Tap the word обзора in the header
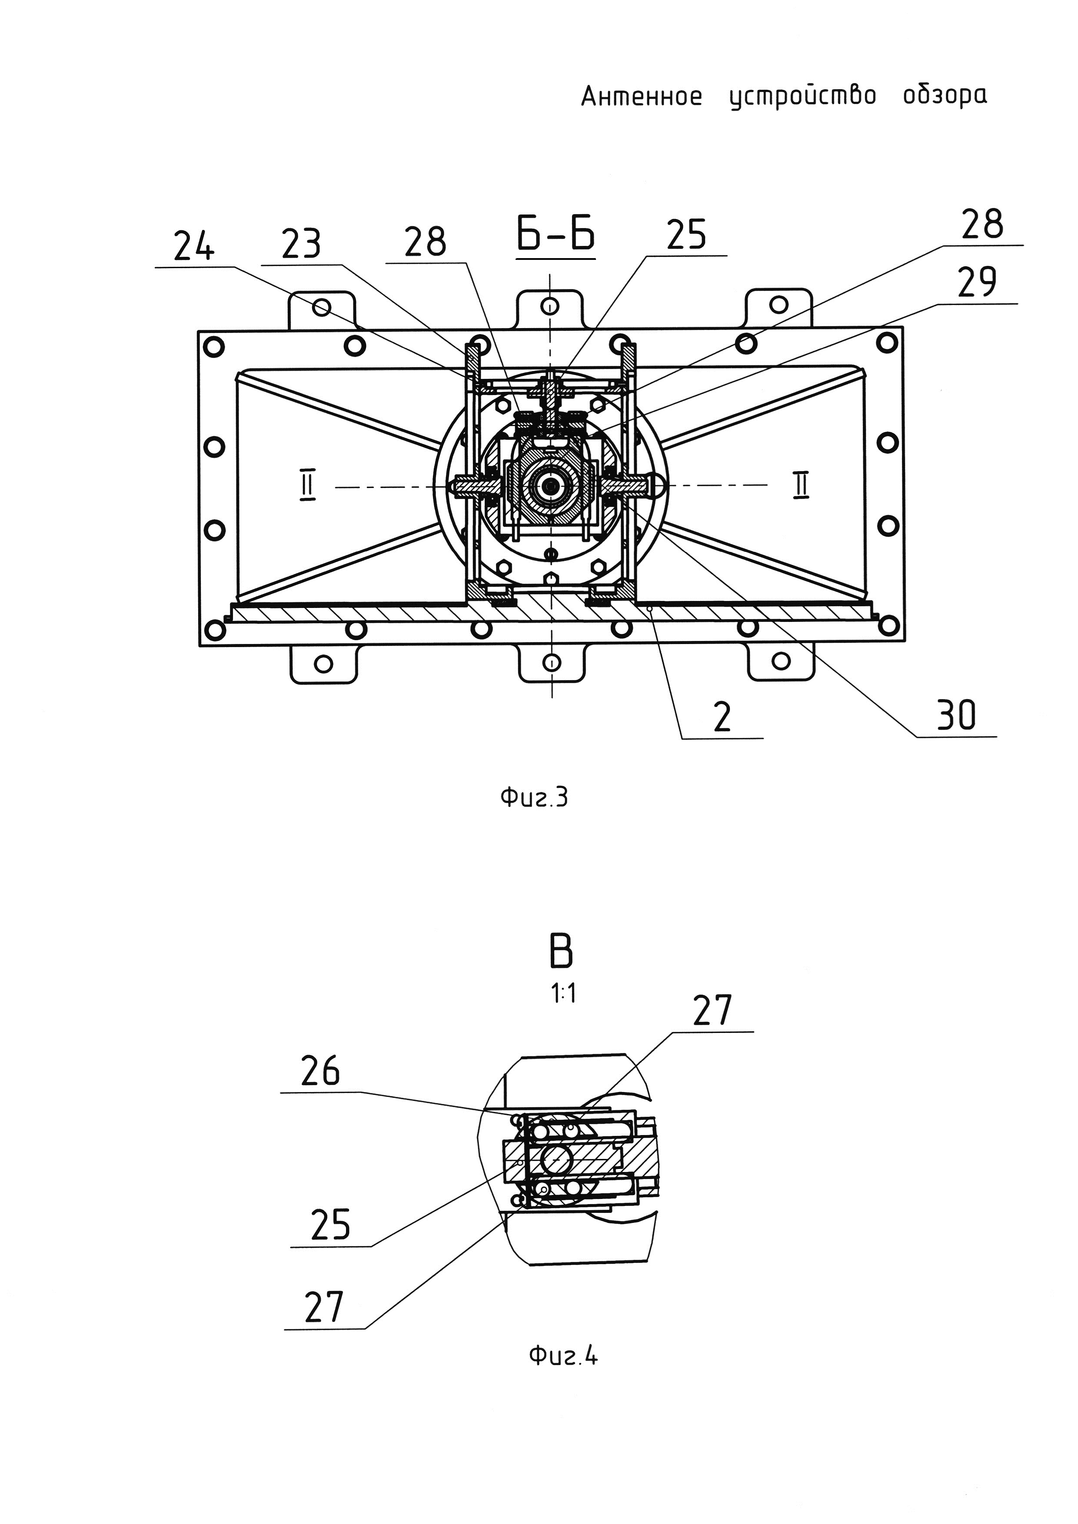[x=945, y=96]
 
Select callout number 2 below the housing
[x=722, y=717]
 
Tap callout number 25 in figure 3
[x=686, y=235]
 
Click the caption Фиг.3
[x=534, y=797]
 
